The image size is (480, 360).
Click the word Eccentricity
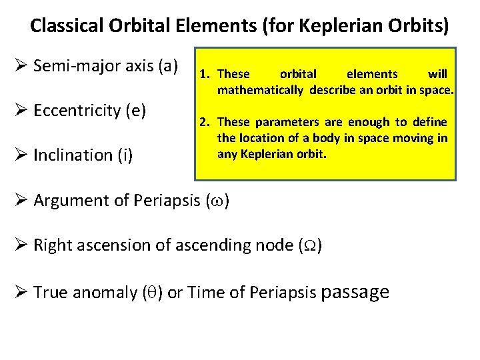coord(77,110)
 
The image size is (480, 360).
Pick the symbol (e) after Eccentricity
coord(136,110)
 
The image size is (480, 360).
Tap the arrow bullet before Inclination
coord(21,155)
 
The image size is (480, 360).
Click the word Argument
coord(67,200)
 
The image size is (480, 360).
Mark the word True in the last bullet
coord(49,291)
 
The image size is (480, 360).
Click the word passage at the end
coord(355,292)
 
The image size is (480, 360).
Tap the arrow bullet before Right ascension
coord(21,245)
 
